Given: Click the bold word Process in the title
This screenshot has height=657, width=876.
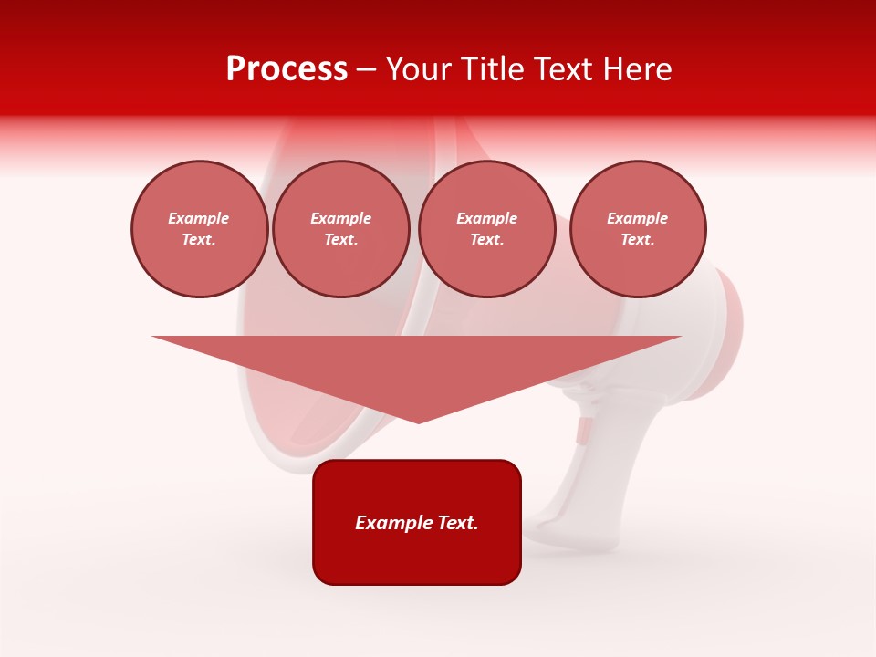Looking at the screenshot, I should click(287, 69).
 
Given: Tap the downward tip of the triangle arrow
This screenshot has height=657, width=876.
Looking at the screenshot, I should click(418, 420).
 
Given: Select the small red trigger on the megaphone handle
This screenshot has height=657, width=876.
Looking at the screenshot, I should click(582, 431).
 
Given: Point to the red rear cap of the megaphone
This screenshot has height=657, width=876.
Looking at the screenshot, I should click(725, 333).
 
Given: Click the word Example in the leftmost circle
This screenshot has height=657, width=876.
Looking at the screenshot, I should click(199, 218).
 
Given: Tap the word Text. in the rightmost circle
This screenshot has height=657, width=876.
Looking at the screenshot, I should click(638, 239).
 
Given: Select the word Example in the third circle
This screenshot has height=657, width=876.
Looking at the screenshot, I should click(487, 218).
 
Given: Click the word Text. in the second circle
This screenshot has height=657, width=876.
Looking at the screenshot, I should click(341, 239).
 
